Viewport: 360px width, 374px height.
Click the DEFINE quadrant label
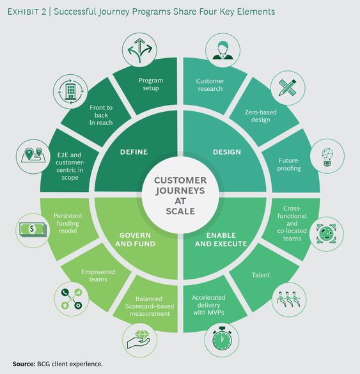(x=133, y=152)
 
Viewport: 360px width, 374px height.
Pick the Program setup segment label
(x=150, y=85)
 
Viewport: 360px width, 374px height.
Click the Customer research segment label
(x=210, y=85)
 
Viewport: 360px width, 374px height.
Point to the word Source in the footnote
(x=23, y=364)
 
